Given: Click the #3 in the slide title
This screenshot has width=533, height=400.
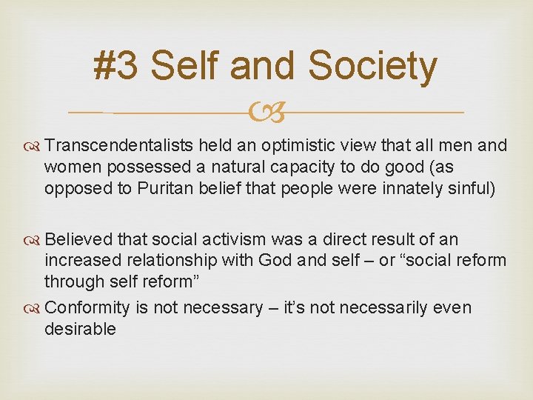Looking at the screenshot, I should [x=116, y=66].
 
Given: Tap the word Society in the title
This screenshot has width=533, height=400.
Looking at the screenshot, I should [x=372, y=66].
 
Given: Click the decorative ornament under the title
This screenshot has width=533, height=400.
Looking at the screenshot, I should [x=266, y=113].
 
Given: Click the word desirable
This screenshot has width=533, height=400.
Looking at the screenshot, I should [x=80, y=329].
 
